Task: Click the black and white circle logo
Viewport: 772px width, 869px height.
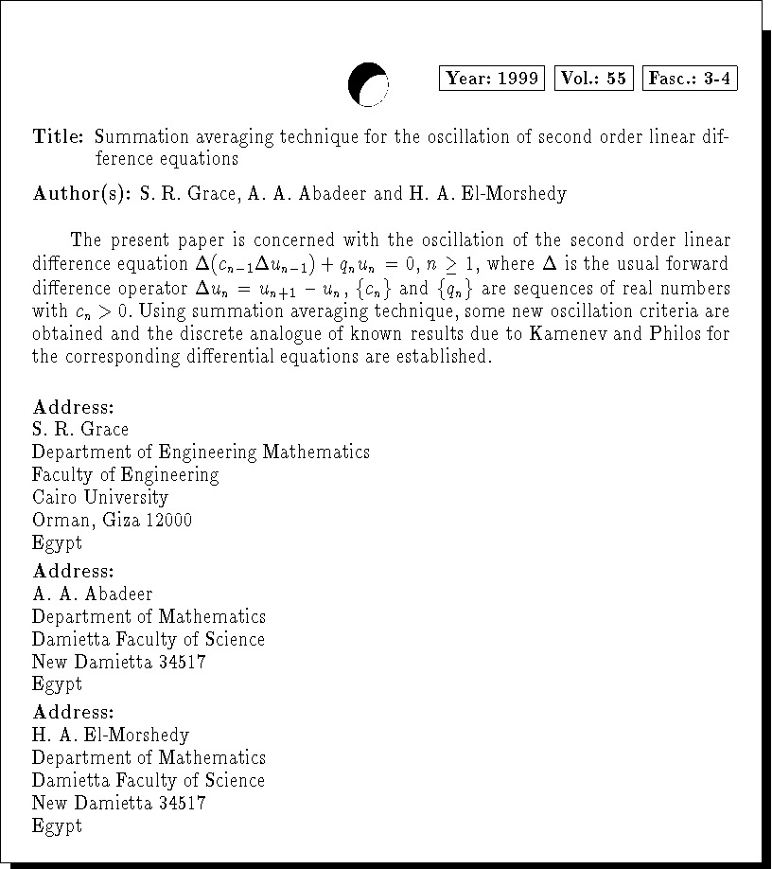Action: [x=368, y=83]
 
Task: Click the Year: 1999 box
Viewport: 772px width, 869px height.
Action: [x=492, y=79]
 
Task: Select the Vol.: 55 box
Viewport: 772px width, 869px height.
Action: [x=593, y=79]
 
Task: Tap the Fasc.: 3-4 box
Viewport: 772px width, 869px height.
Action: [x=689, y=79]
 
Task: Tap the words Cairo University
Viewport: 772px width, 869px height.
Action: [x=100, y=497]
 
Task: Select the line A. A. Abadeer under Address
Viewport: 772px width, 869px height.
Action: [x=92, y=594]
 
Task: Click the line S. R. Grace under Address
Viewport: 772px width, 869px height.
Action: [x=80, y=430]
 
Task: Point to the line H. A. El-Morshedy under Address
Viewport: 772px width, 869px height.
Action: [x=111, y=736]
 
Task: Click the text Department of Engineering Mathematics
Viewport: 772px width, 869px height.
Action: [x=201, y=452]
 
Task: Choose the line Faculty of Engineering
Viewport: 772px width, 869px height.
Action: [x=125, y=475]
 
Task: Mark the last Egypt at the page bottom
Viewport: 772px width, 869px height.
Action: [x=57, y=825]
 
